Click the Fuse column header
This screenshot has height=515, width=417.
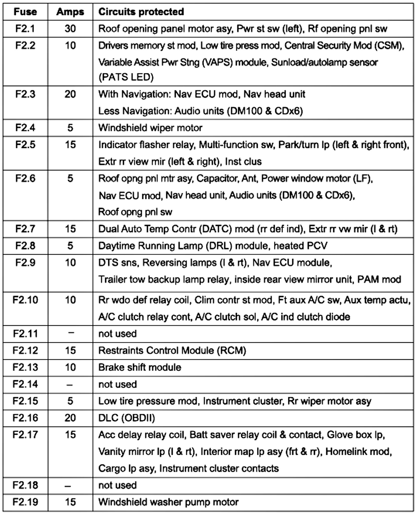click(x=25, y=12)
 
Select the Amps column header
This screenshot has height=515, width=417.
click(x=70, y=12)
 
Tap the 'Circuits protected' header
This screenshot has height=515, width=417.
click(x=141, y=12)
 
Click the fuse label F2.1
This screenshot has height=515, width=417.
click(x=25, y=29)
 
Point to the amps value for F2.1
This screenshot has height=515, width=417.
click(x=70, y=29)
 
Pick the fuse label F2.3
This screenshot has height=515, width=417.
click(x=25, y=94)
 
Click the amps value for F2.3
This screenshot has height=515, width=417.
click(x=70, y=94)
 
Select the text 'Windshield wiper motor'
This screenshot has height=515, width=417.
click(x=150, y=128)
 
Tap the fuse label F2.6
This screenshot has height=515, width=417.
click(x=25, y=178)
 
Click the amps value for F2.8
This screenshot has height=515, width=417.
click(x=70, y=246)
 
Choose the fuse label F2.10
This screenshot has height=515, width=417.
click(x=25, y=300)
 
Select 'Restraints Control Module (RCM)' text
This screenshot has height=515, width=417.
click(x=172, y=350)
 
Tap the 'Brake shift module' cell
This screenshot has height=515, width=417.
click(x=140, y=367)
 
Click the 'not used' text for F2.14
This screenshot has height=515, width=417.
click(x=117, y=384)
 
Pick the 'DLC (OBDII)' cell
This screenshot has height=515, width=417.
click(x=126, y=418)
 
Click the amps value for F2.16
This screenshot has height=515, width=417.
click(x=70, y=418)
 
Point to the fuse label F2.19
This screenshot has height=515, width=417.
click(x=25, y=502)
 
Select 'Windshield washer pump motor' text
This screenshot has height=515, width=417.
click(x=168, y=502)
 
